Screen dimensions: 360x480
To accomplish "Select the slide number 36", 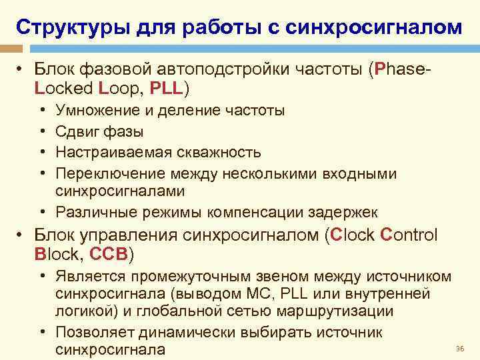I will coord(459,349).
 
